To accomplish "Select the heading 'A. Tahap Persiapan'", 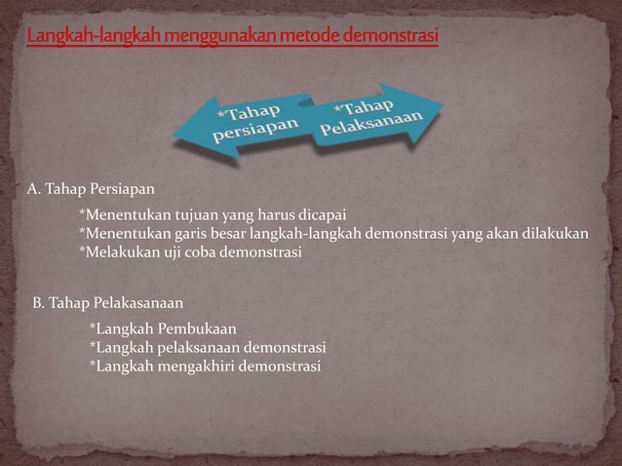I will coord(91,186).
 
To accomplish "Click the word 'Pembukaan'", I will coord(192,328).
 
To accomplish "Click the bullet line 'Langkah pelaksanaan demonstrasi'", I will coord(208,346).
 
